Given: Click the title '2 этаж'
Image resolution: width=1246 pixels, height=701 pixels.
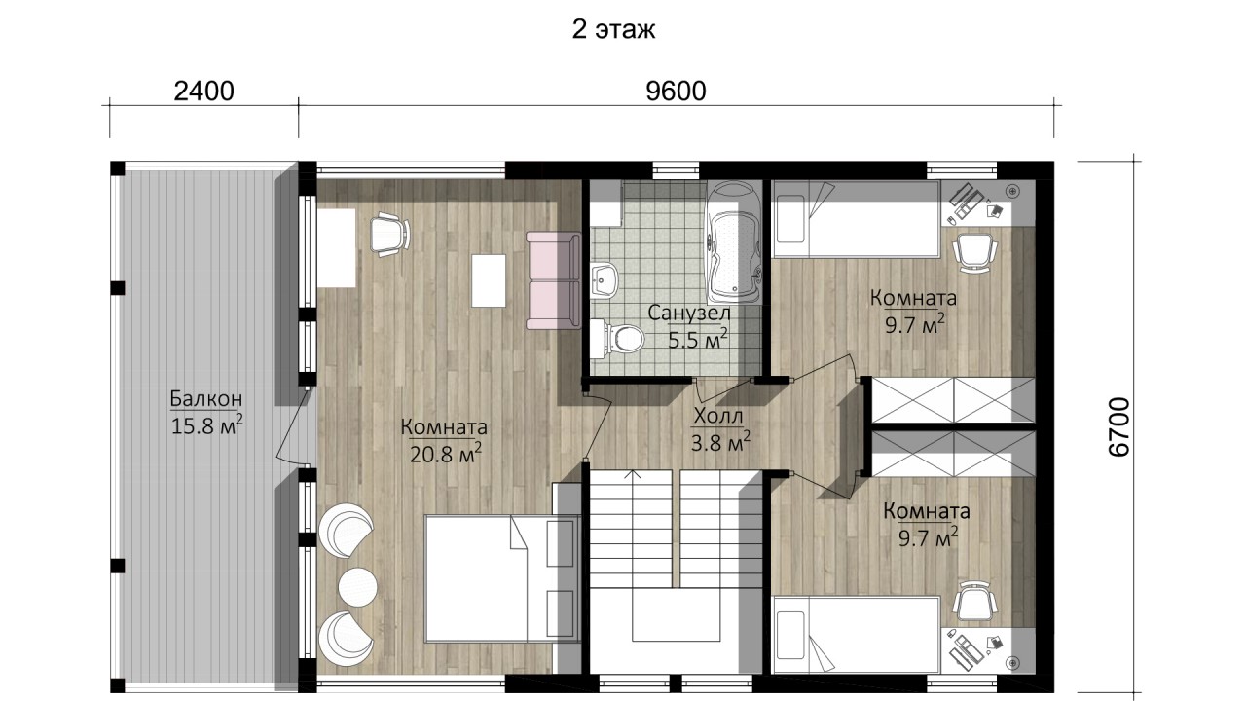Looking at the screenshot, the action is tap(613, 29).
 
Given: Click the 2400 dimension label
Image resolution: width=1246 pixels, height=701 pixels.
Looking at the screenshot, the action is tap(203, 92).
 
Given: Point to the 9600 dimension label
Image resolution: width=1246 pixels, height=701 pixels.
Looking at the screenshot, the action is tap(676, 92).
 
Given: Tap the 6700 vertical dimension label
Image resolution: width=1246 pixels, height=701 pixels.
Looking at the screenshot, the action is tap(1119, 426).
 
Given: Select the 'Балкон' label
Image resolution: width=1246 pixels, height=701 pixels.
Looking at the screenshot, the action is tap(205, 398).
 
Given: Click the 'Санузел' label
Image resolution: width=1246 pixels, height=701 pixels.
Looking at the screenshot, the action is tap(688, 313).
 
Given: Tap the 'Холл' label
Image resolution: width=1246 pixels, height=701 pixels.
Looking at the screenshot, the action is tap(718, 416).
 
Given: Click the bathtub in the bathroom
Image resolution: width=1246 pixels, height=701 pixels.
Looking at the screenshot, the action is tap(733, 242).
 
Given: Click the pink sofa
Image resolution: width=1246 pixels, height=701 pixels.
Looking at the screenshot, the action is tap(554, 281).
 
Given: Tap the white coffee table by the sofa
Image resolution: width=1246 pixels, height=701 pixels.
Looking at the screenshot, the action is tap(489, 280).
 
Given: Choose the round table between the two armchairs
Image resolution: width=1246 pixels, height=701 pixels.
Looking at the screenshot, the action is tap(357, 587).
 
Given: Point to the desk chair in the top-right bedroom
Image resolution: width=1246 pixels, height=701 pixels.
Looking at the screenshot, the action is tap(974, 252).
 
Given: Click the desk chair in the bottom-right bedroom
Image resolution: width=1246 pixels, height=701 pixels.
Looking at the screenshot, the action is tap(974, 602).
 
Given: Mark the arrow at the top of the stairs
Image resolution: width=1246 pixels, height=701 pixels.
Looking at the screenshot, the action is tap(633, 474).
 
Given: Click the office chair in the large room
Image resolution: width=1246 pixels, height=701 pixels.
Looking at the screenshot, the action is tap(390, 235).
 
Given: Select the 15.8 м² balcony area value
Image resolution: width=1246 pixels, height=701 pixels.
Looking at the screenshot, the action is tap(206, 425).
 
